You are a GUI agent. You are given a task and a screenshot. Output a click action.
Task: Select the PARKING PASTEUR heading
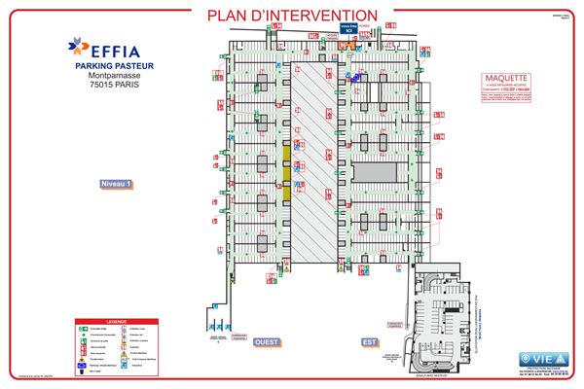point(109,66)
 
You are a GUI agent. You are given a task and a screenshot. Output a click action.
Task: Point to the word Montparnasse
point(109,76)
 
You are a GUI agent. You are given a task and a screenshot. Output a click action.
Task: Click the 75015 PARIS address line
point(109,86)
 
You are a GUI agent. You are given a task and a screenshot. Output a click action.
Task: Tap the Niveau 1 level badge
point(116,184)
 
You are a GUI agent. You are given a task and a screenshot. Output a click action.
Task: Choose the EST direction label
point(369,342)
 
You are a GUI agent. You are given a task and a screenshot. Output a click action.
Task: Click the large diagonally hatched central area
point(313,156)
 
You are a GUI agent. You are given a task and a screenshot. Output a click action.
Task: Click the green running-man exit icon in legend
point(84,330)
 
